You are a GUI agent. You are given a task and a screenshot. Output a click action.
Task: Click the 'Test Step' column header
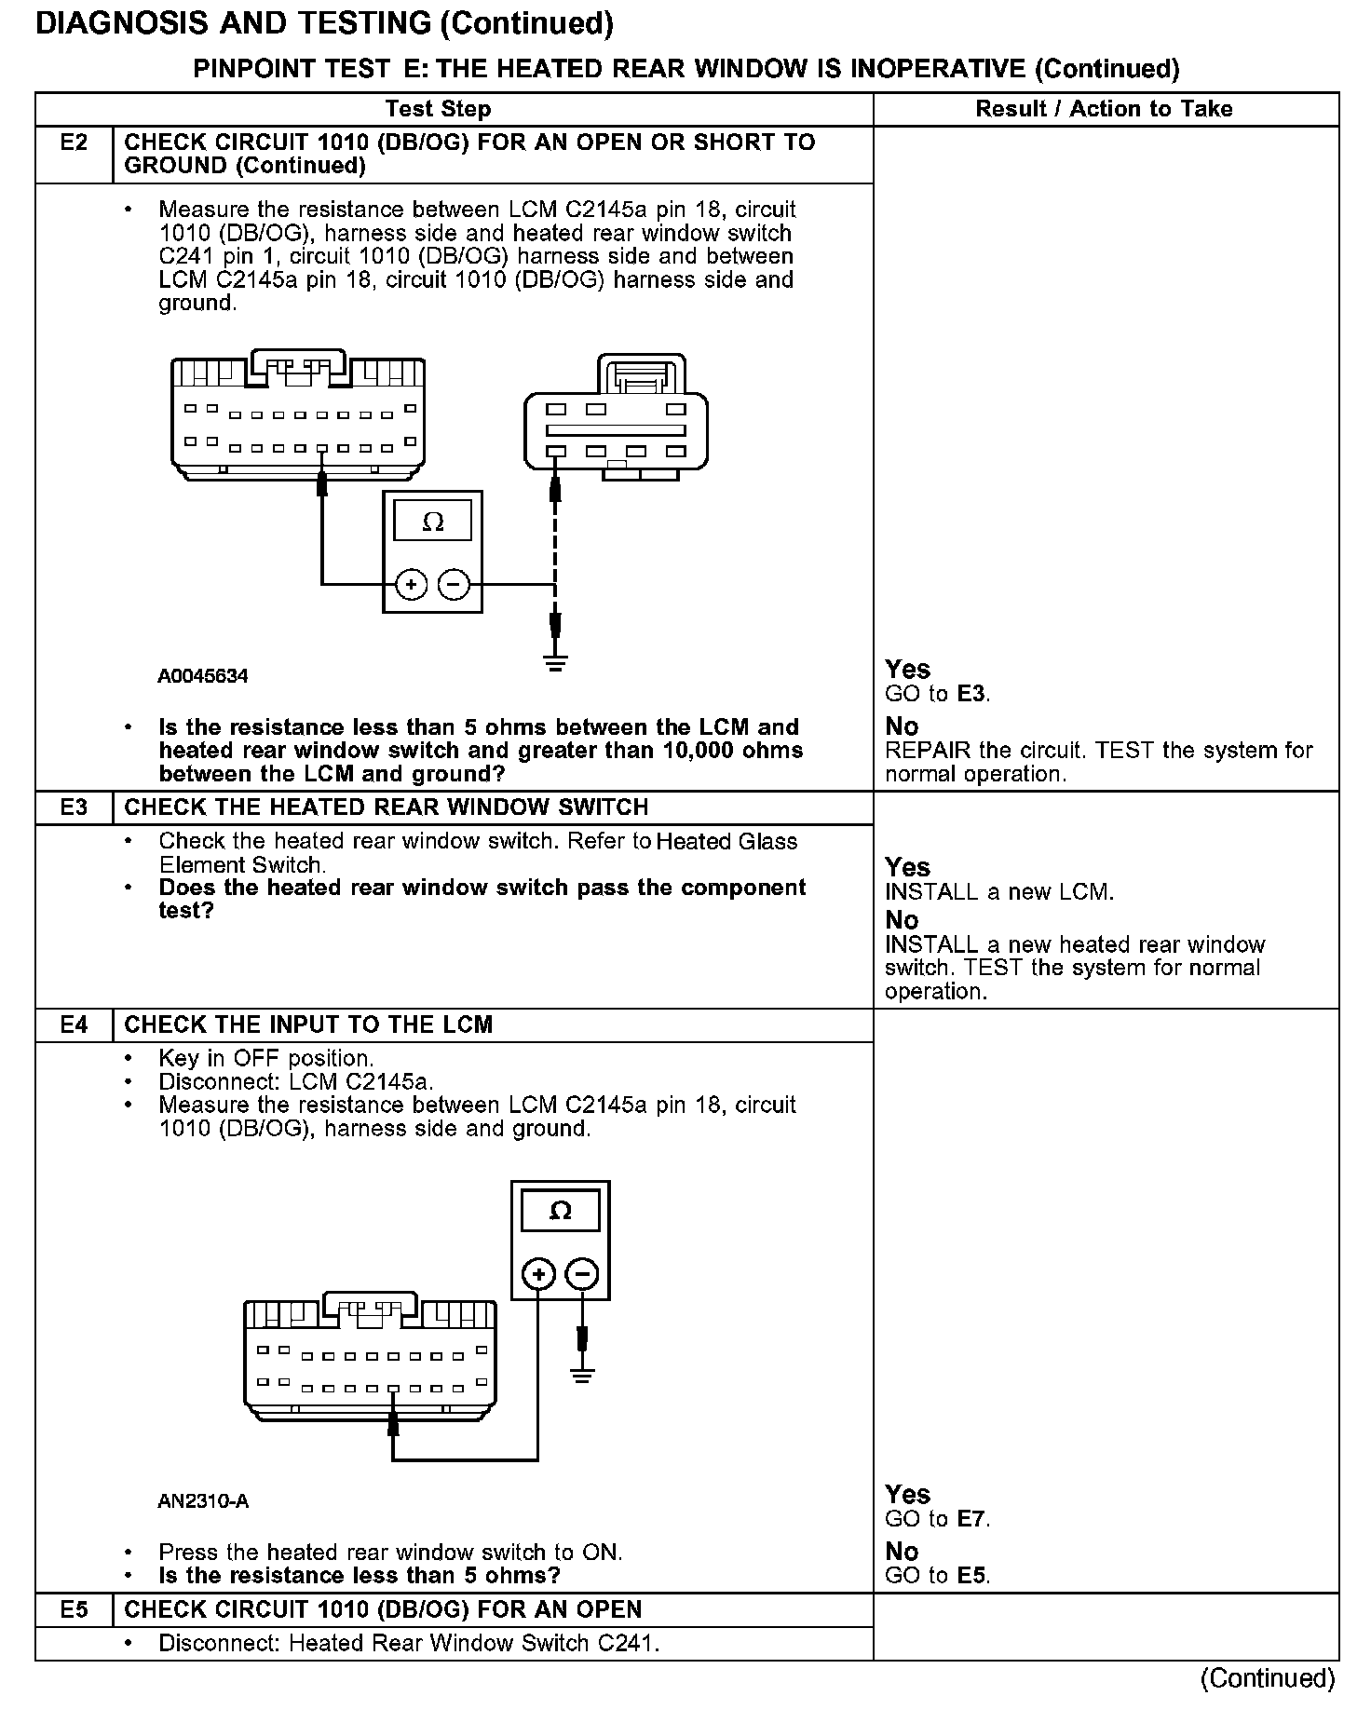tap(438, 109)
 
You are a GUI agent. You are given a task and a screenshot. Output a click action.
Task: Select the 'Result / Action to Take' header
tap(1104, 109)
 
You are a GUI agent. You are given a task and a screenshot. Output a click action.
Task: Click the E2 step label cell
tap(74, 142)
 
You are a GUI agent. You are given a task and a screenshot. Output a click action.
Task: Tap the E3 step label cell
tap(74, 807)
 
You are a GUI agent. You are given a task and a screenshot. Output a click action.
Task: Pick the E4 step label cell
tap(74, 1025)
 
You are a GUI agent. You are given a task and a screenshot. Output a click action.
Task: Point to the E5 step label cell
tap(74, 1609)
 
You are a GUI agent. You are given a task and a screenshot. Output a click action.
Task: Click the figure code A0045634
tap(203, 676)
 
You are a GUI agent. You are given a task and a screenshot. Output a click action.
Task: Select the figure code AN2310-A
tap(203, 1501)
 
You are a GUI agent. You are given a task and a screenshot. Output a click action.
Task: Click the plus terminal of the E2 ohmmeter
tap(411, 585)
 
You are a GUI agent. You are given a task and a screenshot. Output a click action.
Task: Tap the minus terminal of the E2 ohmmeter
tap(454, 585)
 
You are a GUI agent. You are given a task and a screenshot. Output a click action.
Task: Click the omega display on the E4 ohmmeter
tap(560, 1211)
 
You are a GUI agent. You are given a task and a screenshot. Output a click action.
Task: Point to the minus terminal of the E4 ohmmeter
tap(582, 1273)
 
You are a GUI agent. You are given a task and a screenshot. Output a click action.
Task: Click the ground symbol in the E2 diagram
tap(555, 663)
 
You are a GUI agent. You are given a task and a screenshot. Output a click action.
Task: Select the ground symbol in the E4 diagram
tap(582, 1375)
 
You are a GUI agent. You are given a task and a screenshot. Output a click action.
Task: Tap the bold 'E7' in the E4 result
tap(971, 1519)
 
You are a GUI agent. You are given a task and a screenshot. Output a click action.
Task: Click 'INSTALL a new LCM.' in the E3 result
tap(998, 892)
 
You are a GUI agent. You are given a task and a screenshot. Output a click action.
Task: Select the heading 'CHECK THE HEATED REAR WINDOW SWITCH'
tap(386, 807)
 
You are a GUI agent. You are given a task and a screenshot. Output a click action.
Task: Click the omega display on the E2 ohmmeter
tap(433, 522)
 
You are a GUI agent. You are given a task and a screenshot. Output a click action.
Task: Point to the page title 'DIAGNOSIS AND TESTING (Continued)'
tap(324, 24)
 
